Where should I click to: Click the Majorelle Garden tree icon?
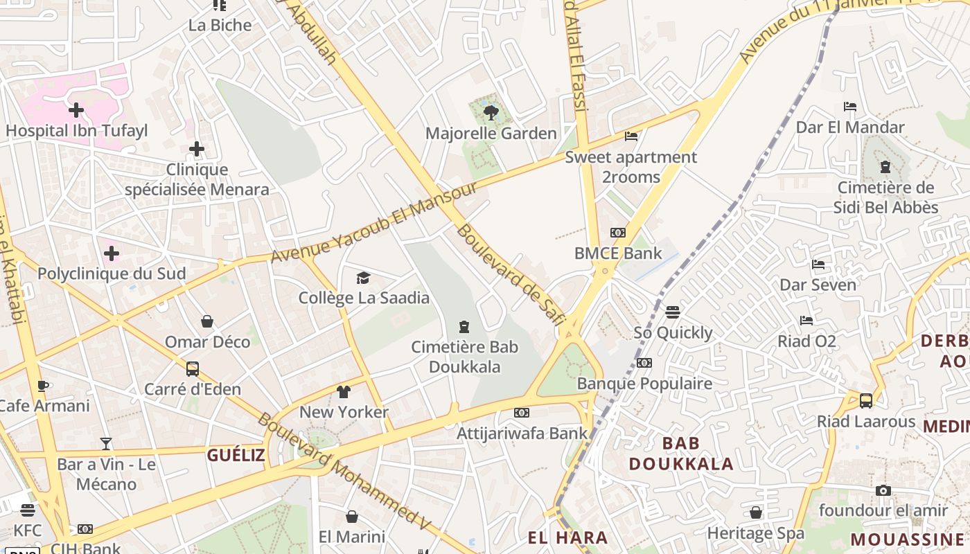pyautogui.click(x=491, y=112)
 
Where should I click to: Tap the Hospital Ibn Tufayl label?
pyautogui.click(x=76, y=130)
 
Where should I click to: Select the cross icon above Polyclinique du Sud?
pyautogui.click(x=111, y=253)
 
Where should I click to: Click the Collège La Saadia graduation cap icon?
pyautogui.click(x=363, y=278)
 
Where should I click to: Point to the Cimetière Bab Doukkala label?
pyautogui.click(x=464, y=357)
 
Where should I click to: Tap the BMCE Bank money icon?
pyautogui.click(x=617, y=233)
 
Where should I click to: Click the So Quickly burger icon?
pyautogui.click(x=672, y=312)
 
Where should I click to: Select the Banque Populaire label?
pyautogui.click(x=644, y=384)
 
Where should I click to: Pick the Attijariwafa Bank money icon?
pyautogui.click(x=522, y=413)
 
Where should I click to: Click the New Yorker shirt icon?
pyautogui.click(x=344, y=392)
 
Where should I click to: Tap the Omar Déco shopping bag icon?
pyautogui.click(x=206, y=321)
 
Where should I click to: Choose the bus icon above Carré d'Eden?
pyautogui.click(x=193, y=368)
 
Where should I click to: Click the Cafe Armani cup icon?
pyautogui.click(x=42, y=386)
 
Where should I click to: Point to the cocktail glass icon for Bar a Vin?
pyautogui.click(x=105, y=444)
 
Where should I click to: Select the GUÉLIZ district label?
pyautogui.click(x=236, y=455)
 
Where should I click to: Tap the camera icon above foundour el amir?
pyautogui.click(x=883, y=490)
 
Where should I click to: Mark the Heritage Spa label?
pyautogui.click(x=755, y=533)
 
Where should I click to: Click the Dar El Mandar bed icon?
pyautogui.click(x=850, y=107)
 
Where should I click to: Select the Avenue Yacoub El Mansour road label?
pyautogui.click(x=373, y=223)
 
